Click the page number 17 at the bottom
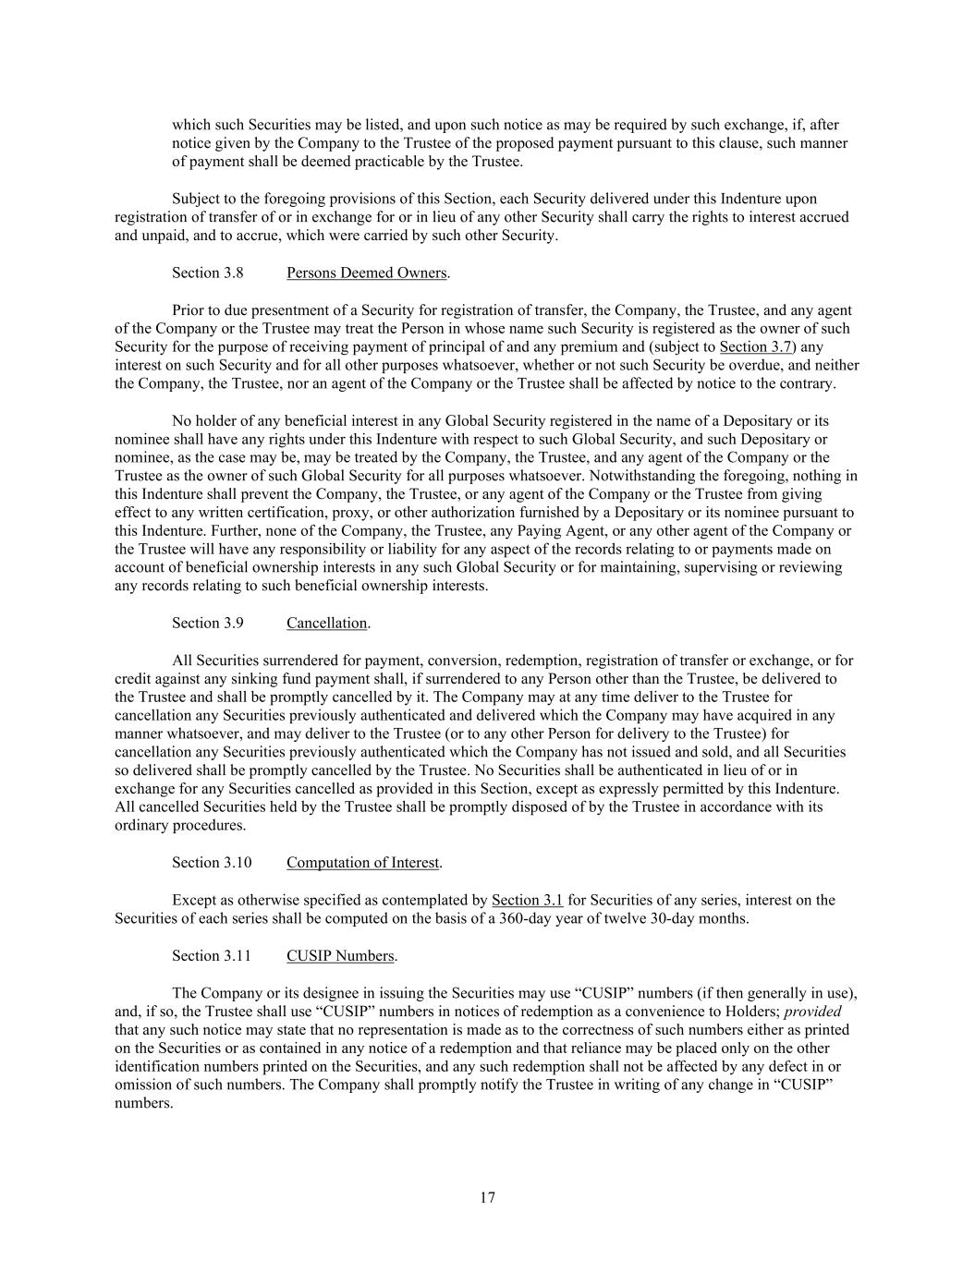coord(487,1198)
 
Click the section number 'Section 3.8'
coord(207,273)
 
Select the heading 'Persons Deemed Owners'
coord(367,273)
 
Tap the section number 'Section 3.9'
coord(207,623)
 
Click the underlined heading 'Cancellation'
coord(326,623)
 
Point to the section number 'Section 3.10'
coord(211,863)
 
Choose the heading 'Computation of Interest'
coord(362,863)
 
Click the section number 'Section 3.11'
coord(211,955)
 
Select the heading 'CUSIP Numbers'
coord(340,955)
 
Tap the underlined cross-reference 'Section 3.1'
coord(527,900)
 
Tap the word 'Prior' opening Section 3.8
coord(188,309)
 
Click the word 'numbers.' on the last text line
coord(143,1103)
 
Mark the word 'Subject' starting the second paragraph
coord(196,199)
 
